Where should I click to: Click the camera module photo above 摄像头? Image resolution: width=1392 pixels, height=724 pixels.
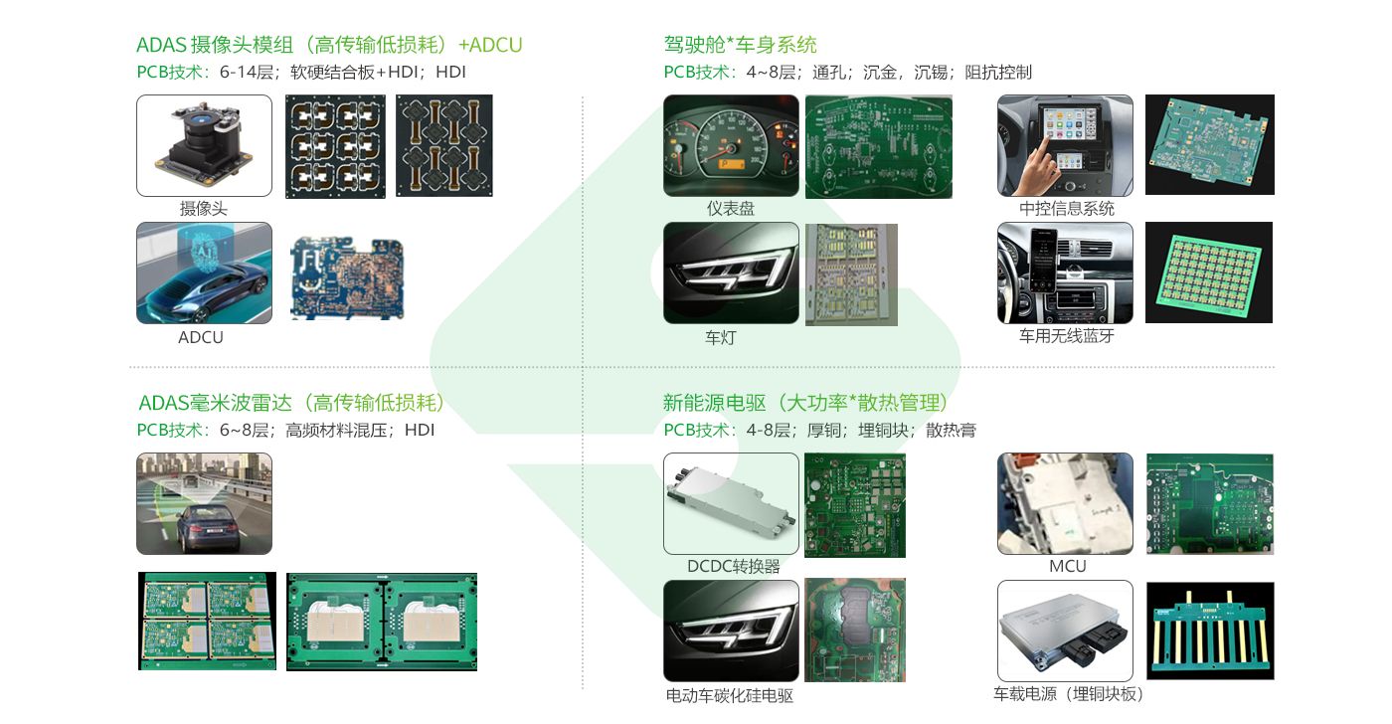click(204, 145)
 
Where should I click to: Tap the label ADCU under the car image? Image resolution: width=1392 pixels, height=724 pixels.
click(201, 337)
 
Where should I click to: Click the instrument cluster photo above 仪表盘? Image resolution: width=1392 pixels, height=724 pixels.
click(731, 145)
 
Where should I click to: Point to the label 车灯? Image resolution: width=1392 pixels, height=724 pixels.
click(721, 338)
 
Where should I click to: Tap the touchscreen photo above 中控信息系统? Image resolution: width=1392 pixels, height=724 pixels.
click(1065, 145)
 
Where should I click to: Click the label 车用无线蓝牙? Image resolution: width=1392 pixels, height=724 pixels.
click(1066, 336)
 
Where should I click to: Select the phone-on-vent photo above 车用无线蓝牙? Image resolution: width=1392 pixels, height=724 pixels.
click(1065, 272)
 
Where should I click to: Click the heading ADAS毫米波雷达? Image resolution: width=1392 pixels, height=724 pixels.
click(291, 403)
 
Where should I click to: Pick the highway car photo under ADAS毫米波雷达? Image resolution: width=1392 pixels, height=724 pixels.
click(204, 503)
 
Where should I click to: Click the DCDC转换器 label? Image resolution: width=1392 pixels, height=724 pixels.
click(734, 567)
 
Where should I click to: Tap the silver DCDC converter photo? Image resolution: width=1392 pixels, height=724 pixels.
click(731, 503)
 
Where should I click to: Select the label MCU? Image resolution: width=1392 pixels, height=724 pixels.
click(1068, 567)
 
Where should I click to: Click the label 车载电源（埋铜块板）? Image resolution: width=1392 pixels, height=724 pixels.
click(1069, 694)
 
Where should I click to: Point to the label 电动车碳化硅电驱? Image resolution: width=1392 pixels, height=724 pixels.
click(730, 696)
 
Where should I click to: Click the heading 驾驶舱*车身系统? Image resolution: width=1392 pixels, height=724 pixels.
click(741, 45)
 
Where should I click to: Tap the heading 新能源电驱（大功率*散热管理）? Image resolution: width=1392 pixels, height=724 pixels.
click(805, 403)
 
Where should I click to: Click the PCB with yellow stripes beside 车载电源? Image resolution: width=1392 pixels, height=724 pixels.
click(1210, 631)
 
